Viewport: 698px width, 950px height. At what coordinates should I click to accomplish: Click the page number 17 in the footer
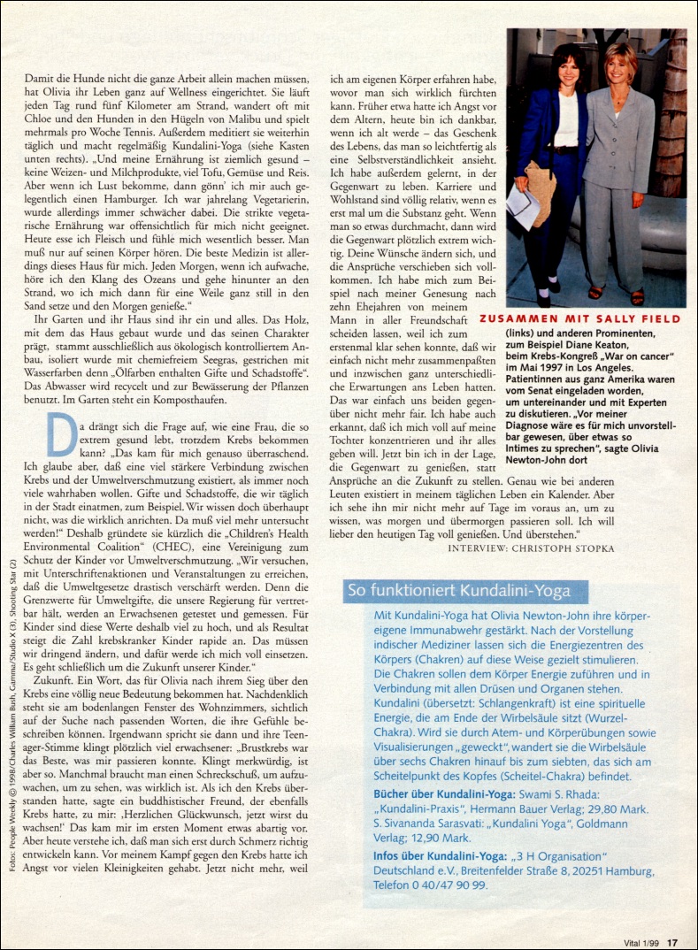coord(672,942)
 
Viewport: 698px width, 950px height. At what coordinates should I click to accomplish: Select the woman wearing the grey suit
coord(618,168)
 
